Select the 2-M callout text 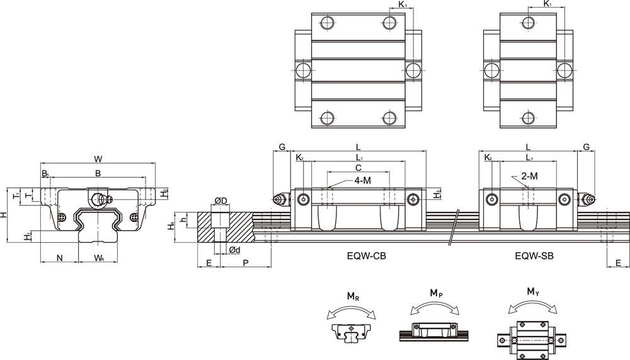pos(529,177)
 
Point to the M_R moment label pos(352,296)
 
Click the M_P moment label pos(435,293)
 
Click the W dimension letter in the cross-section pos(97,158)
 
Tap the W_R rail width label pos(99,258)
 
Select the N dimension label pos(60,258)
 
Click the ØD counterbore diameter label pos(220,200)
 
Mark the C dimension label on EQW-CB pos(358,168)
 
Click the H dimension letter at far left pos(4,214)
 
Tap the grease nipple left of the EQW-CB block pos(279,199)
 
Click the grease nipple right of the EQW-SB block pos(588,199)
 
